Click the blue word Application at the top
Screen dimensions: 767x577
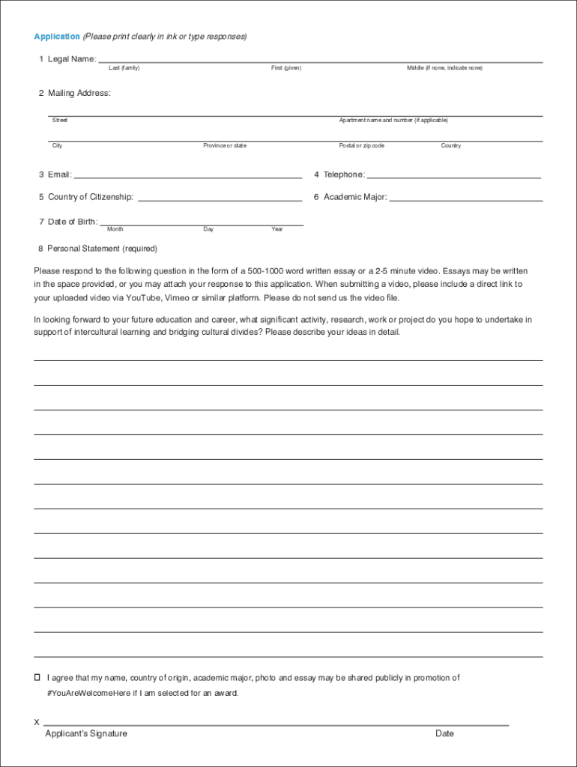[x=57, y=37]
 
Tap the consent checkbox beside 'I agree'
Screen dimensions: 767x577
[x=37, y=677]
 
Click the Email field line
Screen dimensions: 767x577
[x=187, y=176]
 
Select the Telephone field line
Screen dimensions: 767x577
[x=453, y=176]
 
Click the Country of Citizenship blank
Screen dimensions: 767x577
[x=220, y=198]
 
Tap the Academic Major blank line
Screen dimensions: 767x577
[x=465, y=198]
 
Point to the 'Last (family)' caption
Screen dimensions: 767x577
[x=124, y=68]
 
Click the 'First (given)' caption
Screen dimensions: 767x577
[x=286, y=68]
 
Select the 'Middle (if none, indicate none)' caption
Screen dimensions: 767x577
[x=444, y=68]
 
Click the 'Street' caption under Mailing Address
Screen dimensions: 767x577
[x=60, y=120]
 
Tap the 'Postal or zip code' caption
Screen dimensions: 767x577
[x=361, y=145]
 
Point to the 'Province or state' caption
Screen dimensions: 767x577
[x=224, y=145]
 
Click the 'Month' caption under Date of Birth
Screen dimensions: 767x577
[x=115, y=229]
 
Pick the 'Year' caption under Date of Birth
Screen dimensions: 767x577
[x=277, y=229]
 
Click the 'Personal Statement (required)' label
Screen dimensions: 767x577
[x=103, y=249]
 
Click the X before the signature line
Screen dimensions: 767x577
[x=37, y=723]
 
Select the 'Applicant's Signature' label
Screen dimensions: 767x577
[x=86, y=734]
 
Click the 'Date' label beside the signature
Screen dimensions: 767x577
[x=444, y=734]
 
